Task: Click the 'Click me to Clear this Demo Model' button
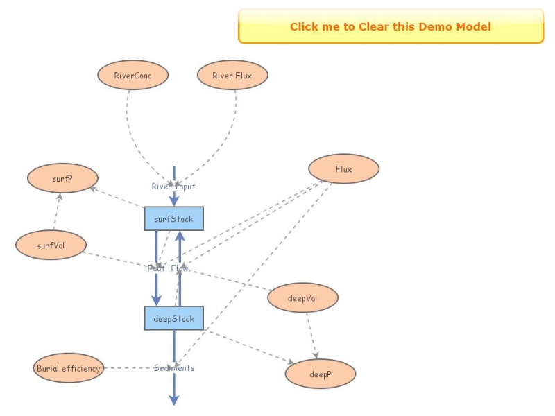(x=391, y=26)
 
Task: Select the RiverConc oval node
(x=133, y=75)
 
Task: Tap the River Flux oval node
(x=232, y=75)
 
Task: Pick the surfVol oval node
(x=51, y=245)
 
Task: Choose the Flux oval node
(x=343, y=168)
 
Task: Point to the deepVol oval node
(x=302, y=297)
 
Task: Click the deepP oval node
(x=320, y=374)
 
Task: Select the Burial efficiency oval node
(x=68, y=368)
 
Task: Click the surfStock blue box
(x=173, y=219)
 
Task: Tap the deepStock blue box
(x=173, y=319)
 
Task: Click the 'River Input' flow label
(x=173, y=186)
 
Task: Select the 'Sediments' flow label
(x=174, y=368)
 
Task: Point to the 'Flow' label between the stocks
(x=180, y=268)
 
